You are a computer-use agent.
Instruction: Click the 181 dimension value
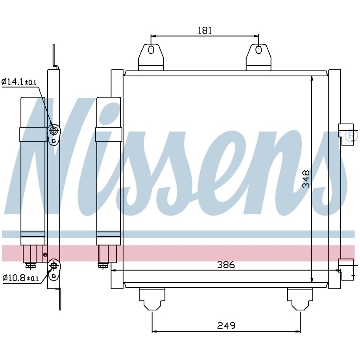pos(205,30)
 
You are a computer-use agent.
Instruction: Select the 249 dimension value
pos(226,325)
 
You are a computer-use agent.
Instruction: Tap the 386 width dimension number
pos(226,265)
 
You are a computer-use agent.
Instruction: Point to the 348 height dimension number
pos(306,179)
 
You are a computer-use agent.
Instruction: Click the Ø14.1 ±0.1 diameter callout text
pos(19,82)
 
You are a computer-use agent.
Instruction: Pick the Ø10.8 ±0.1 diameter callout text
pos(20,278)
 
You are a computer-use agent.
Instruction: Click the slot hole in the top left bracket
pos(151,50)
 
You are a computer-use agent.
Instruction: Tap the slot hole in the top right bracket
pos(258,50)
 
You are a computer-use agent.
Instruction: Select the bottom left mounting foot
pos(152,299)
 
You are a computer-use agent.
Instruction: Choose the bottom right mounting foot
pos(300,299)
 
